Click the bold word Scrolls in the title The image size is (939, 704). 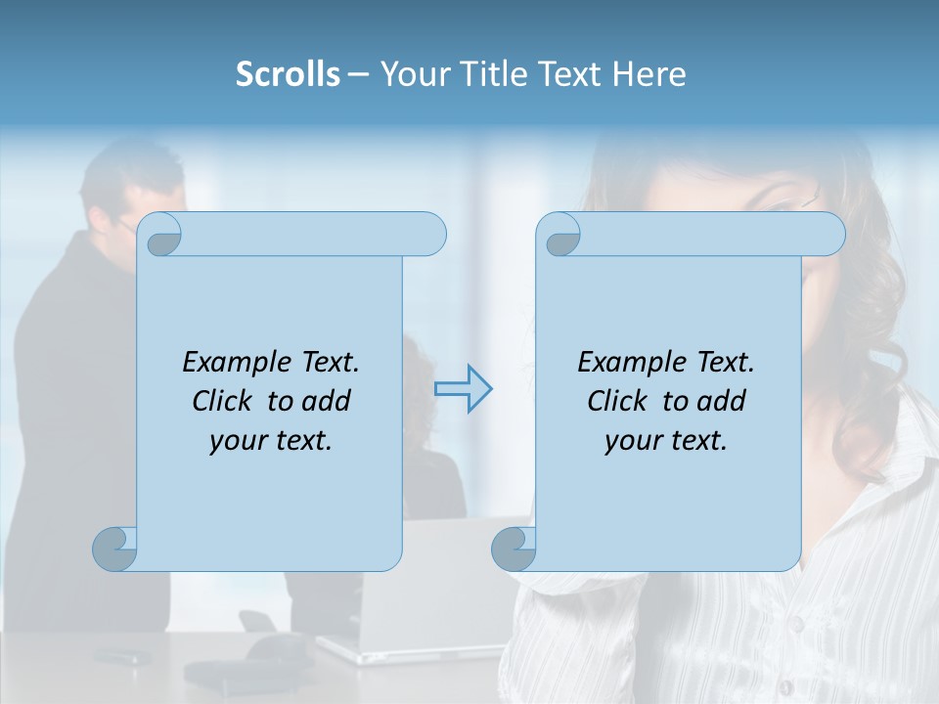point(288,74)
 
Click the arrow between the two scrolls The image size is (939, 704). point(464,389)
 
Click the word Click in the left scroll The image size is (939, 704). point(226,401)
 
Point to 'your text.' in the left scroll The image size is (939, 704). point(271,440)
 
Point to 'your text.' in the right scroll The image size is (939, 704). point(666,440)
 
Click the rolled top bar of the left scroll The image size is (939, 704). point(313,234)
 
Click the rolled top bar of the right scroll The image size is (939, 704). point(712,234)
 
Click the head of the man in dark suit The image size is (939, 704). point(132,191)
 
